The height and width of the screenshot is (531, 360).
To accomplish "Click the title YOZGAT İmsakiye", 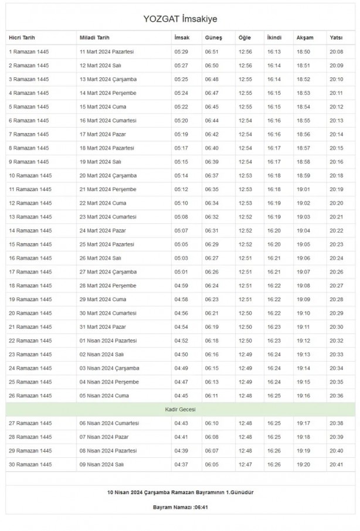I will click(180, 19).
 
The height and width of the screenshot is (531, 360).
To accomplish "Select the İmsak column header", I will click(181, 38).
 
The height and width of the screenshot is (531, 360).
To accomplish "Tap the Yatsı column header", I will click(336, 38).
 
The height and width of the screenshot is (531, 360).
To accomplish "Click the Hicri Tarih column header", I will click(22, 38).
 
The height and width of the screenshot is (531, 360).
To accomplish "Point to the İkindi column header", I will click(274, 38).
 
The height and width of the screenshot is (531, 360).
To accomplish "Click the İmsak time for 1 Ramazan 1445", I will click(181, 52).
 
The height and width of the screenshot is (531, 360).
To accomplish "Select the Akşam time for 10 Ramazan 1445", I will click(303, 175).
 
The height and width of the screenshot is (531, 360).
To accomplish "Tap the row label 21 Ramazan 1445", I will click(30, 326).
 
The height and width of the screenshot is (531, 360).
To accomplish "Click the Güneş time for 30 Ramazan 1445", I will click(211, 464).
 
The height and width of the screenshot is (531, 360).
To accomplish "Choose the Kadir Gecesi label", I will click(180, 409).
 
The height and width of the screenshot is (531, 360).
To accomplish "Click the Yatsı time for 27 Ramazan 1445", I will click(337, 423).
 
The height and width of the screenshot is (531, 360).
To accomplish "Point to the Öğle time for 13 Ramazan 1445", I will click(245, 217).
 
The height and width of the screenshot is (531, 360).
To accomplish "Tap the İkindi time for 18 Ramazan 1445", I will click(274, 285).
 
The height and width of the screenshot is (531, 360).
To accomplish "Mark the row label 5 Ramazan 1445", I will click(28, 107).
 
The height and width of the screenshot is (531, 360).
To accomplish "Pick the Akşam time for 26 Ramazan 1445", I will click(303, 396).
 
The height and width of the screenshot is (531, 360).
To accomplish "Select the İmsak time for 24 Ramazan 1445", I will click(181, 368).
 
